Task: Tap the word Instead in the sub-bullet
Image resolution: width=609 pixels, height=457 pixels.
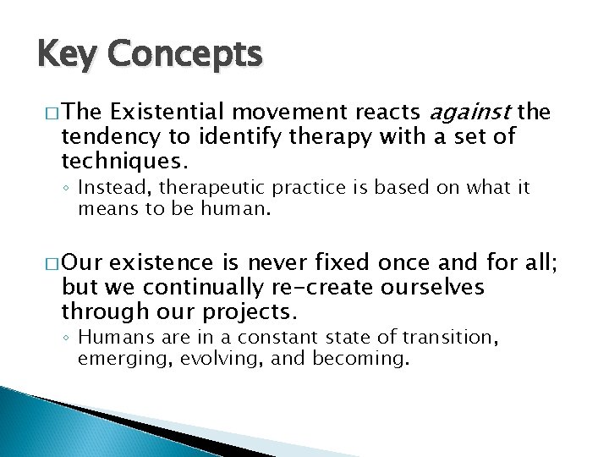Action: coord(110,188)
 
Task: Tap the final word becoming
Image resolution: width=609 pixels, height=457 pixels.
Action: coord(361,358)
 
